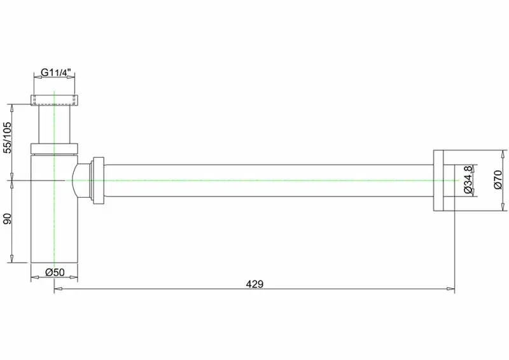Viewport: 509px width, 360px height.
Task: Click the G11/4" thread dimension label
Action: click(x=55, y=72)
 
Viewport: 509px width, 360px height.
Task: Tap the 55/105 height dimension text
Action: click(x=7, y=137)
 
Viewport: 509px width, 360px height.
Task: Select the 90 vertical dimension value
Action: click(x=7, y=219)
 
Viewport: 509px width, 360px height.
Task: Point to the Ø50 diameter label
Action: click(x=55, y=272)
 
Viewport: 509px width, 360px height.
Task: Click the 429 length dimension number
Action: click(x=254, y=284)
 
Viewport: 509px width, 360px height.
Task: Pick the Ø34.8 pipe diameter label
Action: click(x=468, y=179)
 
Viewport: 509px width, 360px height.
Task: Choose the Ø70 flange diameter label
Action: click(x=498, y=180)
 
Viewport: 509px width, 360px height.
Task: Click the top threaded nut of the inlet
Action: click(x=54, y=100)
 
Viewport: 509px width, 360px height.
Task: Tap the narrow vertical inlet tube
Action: click(x=54, y=124)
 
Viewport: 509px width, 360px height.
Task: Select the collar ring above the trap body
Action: click(x=54, y=149)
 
